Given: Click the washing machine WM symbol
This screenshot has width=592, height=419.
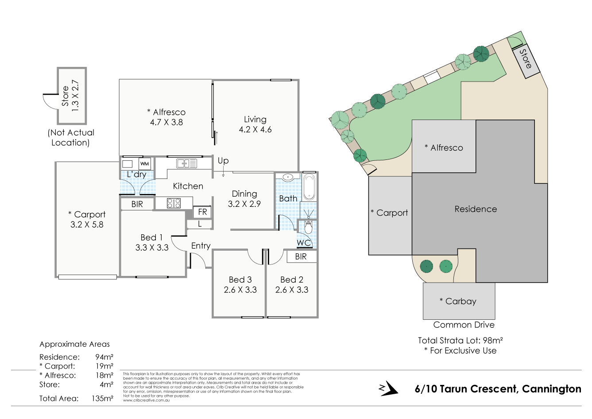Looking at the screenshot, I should [x=144, y=164].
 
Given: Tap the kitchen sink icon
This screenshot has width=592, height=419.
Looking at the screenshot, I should [x=186, y=163].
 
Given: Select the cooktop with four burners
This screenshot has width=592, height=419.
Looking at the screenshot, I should [x=174, y=203].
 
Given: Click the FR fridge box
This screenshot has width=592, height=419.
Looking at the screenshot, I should [x=202, y=212].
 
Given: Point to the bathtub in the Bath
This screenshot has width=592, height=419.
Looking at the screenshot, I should [x=309, y=186].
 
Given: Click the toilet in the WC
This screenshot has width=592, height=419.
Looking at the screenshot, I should [x=309, y=227].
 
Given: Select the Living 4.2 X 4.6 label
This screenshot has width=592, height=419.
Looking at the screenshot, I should [x=255, y=124].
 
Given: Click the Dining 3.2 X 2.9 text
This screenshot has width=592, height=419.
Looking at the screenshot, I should [x=244, y=199].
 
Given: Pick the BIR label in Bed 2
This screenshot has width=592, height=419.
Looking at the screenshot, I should [x=301, y=256].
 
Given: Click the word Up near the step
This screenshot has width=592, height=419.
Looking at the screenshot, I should [x=223, y=161].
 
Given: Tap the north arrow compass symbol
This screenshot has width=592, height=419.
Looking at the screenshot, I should [x=388, y=388].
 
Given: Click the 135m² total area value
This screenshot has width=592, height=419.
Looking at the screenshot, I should [x=102, y=398].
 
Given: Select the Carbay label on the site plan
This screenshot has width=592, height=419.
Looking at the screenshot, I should [x=458, y=301].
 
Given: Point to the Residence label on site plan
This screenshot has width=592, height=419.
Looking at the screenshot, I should [x=476, y=209].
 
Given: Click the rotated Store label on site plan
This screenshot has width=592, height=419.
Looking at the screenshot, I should [x=526, y=59].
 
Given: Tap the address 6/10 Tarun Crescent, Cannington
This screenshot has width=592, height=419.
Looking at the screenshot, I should [x=498, y=389].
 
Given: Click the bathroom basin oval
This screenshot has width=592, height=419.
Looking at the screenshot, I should [x=288, y=178].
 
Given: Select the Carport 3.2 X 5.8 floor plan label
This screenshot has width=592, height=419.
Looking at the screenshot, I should [x=87, y=220].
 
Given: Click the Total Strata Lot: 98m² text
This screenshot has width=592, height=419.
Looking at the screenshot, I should [x=460, y=341].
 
